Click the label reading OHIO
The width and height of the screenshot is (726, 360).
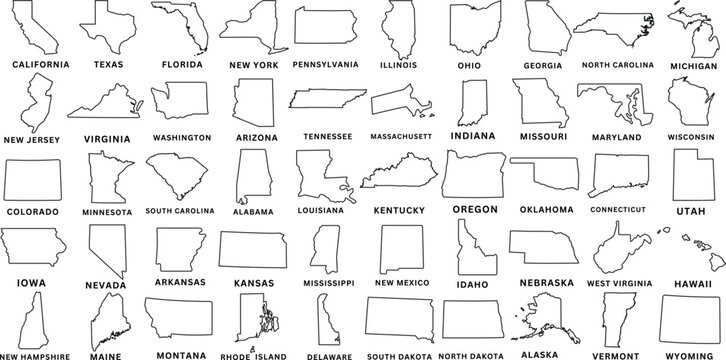coord(467,63)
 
